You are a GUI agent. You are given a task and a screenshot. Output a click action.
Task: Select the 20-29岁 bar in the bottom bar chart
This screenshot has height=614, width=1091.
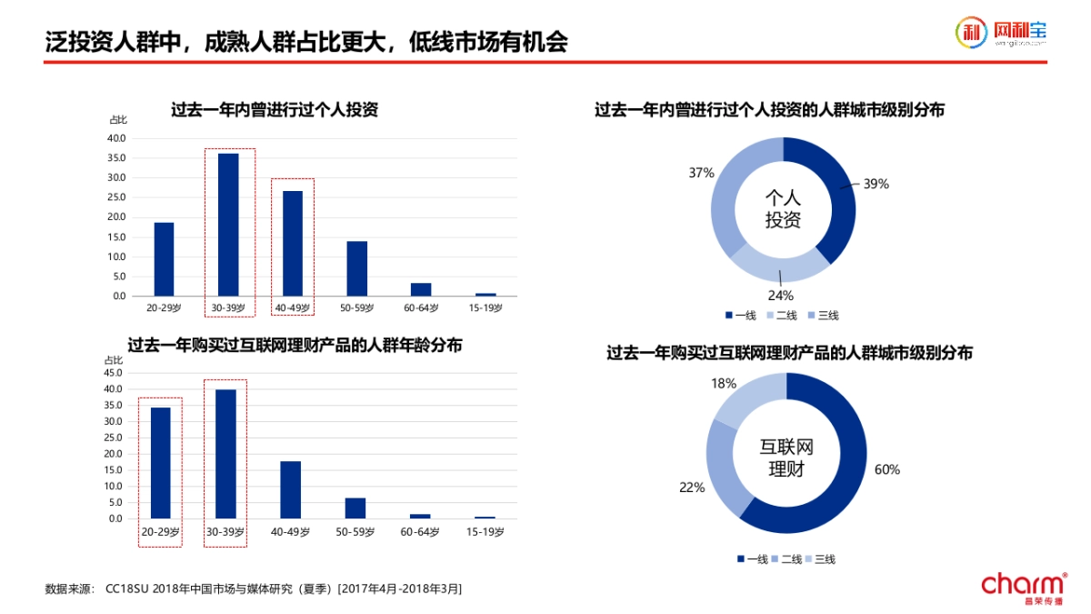click(160, 463)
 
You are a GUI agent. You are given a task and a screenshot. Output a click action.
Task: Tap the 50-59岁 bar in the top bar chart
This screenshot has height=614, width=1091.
click(357, 268)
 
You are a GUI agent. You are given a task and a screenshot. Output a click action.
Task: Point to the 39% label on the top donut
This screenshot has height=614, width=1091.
click(876, 184)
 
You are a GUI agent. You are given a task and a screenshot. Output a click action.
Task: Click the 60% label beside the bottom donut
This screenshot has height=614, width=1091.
click(886, 469)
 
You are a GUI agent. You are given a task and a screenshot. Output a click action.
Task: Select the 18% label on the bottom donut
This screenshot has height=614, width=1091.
click(724, 384)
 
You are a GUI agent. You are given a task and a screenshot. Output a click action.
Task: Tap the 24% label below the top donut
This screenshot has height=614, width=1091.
click(780, 295)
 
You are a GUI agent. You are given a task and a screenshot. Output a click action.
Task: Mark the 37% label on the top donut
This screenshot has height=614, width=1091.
click(701, 173)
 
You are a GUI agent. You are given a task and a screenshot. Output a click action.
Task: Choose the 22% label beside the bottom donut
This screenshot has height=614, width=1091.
click(691, 488)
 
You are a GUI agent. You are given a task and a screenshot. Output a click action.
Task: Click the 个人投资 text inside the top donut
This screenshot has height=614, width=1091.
click(783, 208)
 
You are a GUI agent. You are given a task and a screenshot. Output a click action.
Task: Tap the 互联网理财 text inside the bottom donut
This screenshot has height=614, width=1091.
click(786, 458)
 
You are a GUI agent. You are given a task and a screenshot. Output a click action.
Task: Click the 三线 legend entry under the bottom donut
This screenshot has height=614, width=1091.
click(820, 559)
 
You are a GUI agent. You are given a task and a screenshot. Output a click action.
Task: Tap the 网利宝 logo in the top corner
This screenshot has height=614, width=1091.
click(1001, 33)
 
